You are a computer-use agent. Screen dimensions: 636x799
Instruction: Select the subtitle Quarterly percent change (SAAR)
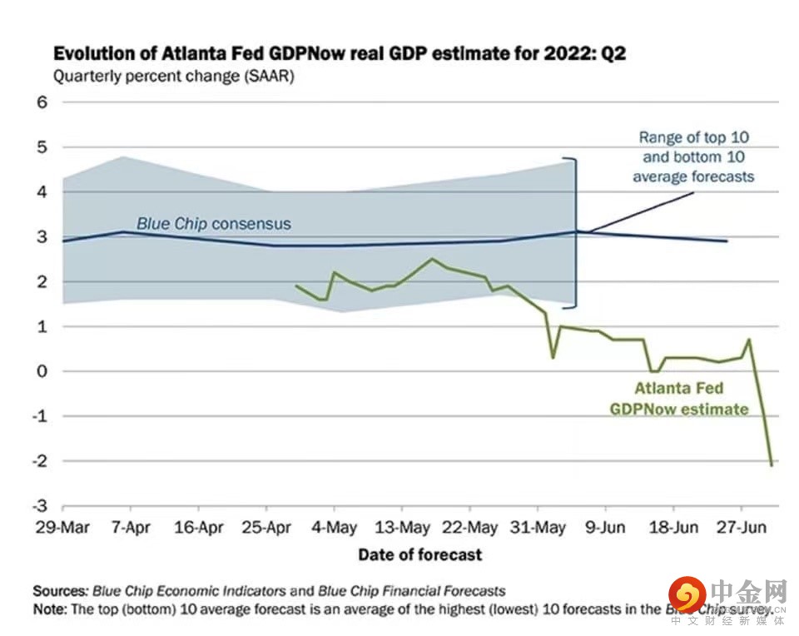[x=174, y=77]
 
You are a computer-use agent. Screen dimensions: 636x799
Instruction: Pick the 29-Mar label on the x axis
[x=62, y=528]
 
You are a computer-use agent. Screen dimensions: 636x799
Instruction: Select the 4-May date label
[x=334, y=528]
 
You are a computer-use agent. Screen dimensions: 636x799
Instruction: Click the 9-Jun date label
[x=605, y=528]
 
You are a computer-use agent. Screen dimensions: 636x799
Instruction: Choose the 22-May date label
[x=469, y=528]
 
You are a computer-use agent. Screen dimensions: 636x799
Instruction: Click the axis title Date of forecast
[x=419, y=554]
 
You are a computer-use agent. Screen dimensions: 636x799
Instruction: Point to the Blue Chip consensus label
[x=214, y=224]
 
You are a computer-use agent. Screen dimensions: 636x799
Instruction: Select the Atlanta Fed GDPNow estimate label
[x=678, y=399]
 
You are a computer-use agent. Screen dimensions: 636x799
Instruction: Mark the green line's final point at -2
[x=772, y=465]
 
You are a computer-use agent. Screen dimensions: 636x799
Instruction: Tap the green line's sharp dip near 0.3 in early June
[x=553, y=358]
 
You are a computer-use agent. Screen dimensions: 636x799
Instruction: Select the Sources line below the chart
[x=269, y=591]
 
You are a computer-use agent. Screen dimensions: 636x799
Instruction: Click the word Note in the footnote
[x=48, y=609]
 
